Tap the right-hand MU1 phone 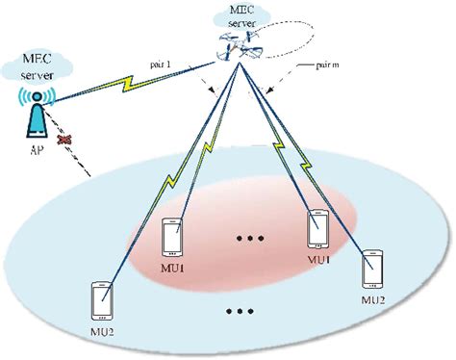coord(318,229)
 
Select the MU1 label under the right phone coord(319,260)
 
